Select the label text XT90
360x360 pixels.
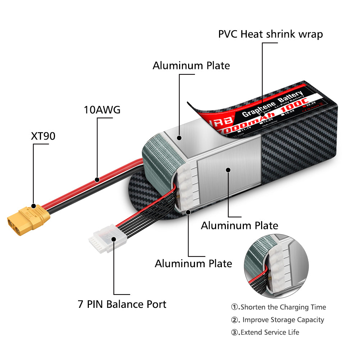coord(43,136)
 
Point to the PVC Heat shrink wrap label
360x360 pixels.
coord(270,34)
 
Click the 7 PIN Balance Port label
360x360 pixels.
coord(122,304)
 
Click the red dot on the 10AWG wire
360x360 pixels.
coord(97,179)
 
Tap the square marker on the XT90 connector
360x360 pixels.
coord(33,206)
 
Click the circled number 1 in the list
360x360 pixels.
coord(235,307)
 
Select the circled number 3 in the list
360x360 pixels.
coord(235,332)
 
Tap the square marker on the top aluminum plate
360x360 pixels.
coord(179,137)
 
